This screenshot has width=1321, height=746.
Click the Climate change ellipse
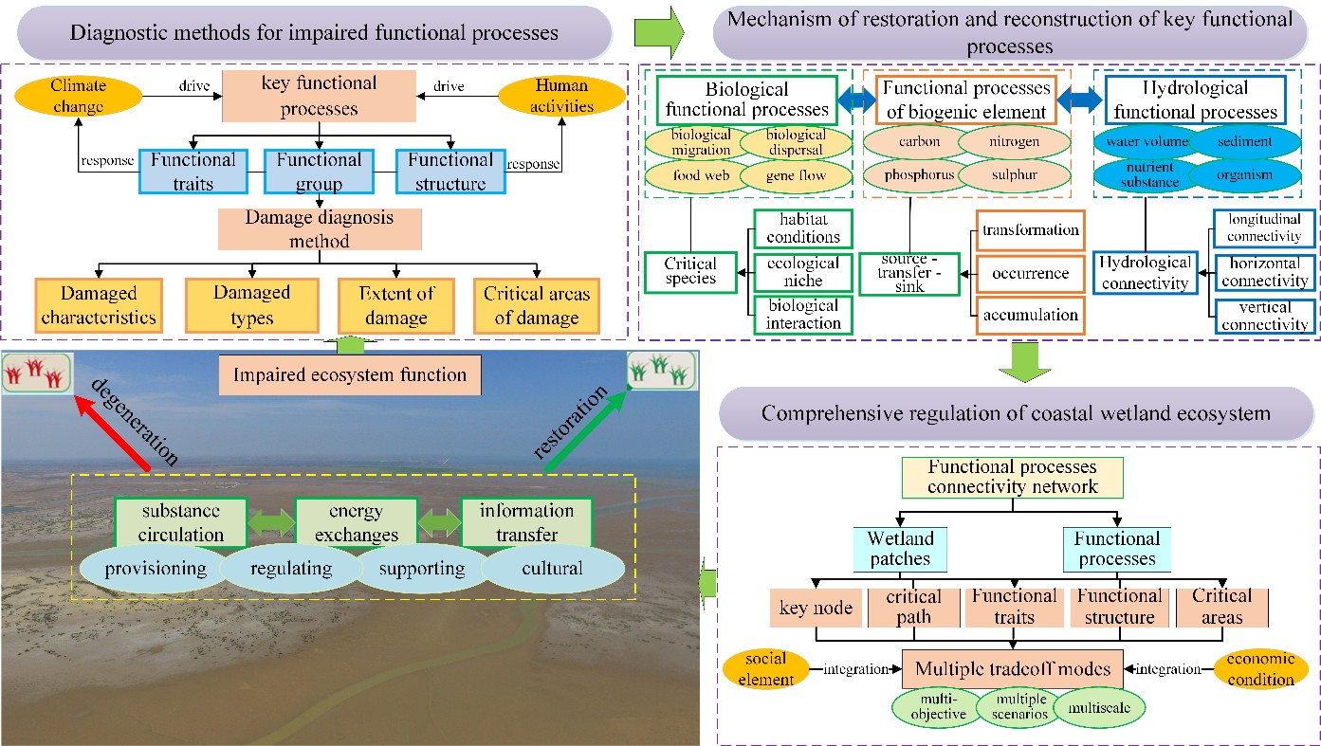[x=78, y=96]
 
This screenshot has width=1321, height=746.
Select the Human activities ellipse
[x=561, y=96]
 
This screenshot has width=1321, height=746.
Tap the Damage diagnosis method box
[x=320, y=229]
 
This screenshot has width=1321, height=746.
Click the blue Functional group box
[x=319, y=172]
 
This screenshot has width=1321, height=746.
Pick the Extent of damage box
[x=396, y=306]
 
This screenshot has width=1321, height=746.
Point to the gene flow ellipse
[x=797, y=175]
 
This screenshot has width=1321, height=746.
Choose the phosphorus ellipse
[x=920, y=175]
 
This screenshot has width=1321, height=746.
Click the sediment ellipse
[x=1245, y=141]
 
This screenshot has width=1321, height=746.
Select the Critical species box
[x=690, y=272]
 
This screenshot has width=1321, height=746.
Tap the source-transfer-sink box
[x=909, y=274]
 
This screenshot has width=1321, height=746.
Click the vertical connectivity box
[x=1265, y=317]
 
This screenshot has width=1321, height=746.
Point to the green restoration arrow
[x=586, y=431]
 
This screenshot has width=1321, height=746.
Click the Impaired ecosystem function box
[x=350, y=374]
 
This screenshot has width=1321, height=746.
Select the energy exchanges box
[x=357, y=522]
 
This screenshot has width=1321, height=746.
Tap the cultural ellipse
[x=553, y=569]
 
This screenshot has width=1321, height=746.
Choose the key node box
[x=816, y=608]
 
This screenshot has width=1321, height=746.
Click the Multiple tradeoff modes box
[x=1013, y=669]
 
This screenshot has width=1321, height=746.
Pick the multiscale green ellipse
[x=1099, y=708]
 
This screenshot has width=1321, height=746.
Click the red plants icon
[x=37, y=373]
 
